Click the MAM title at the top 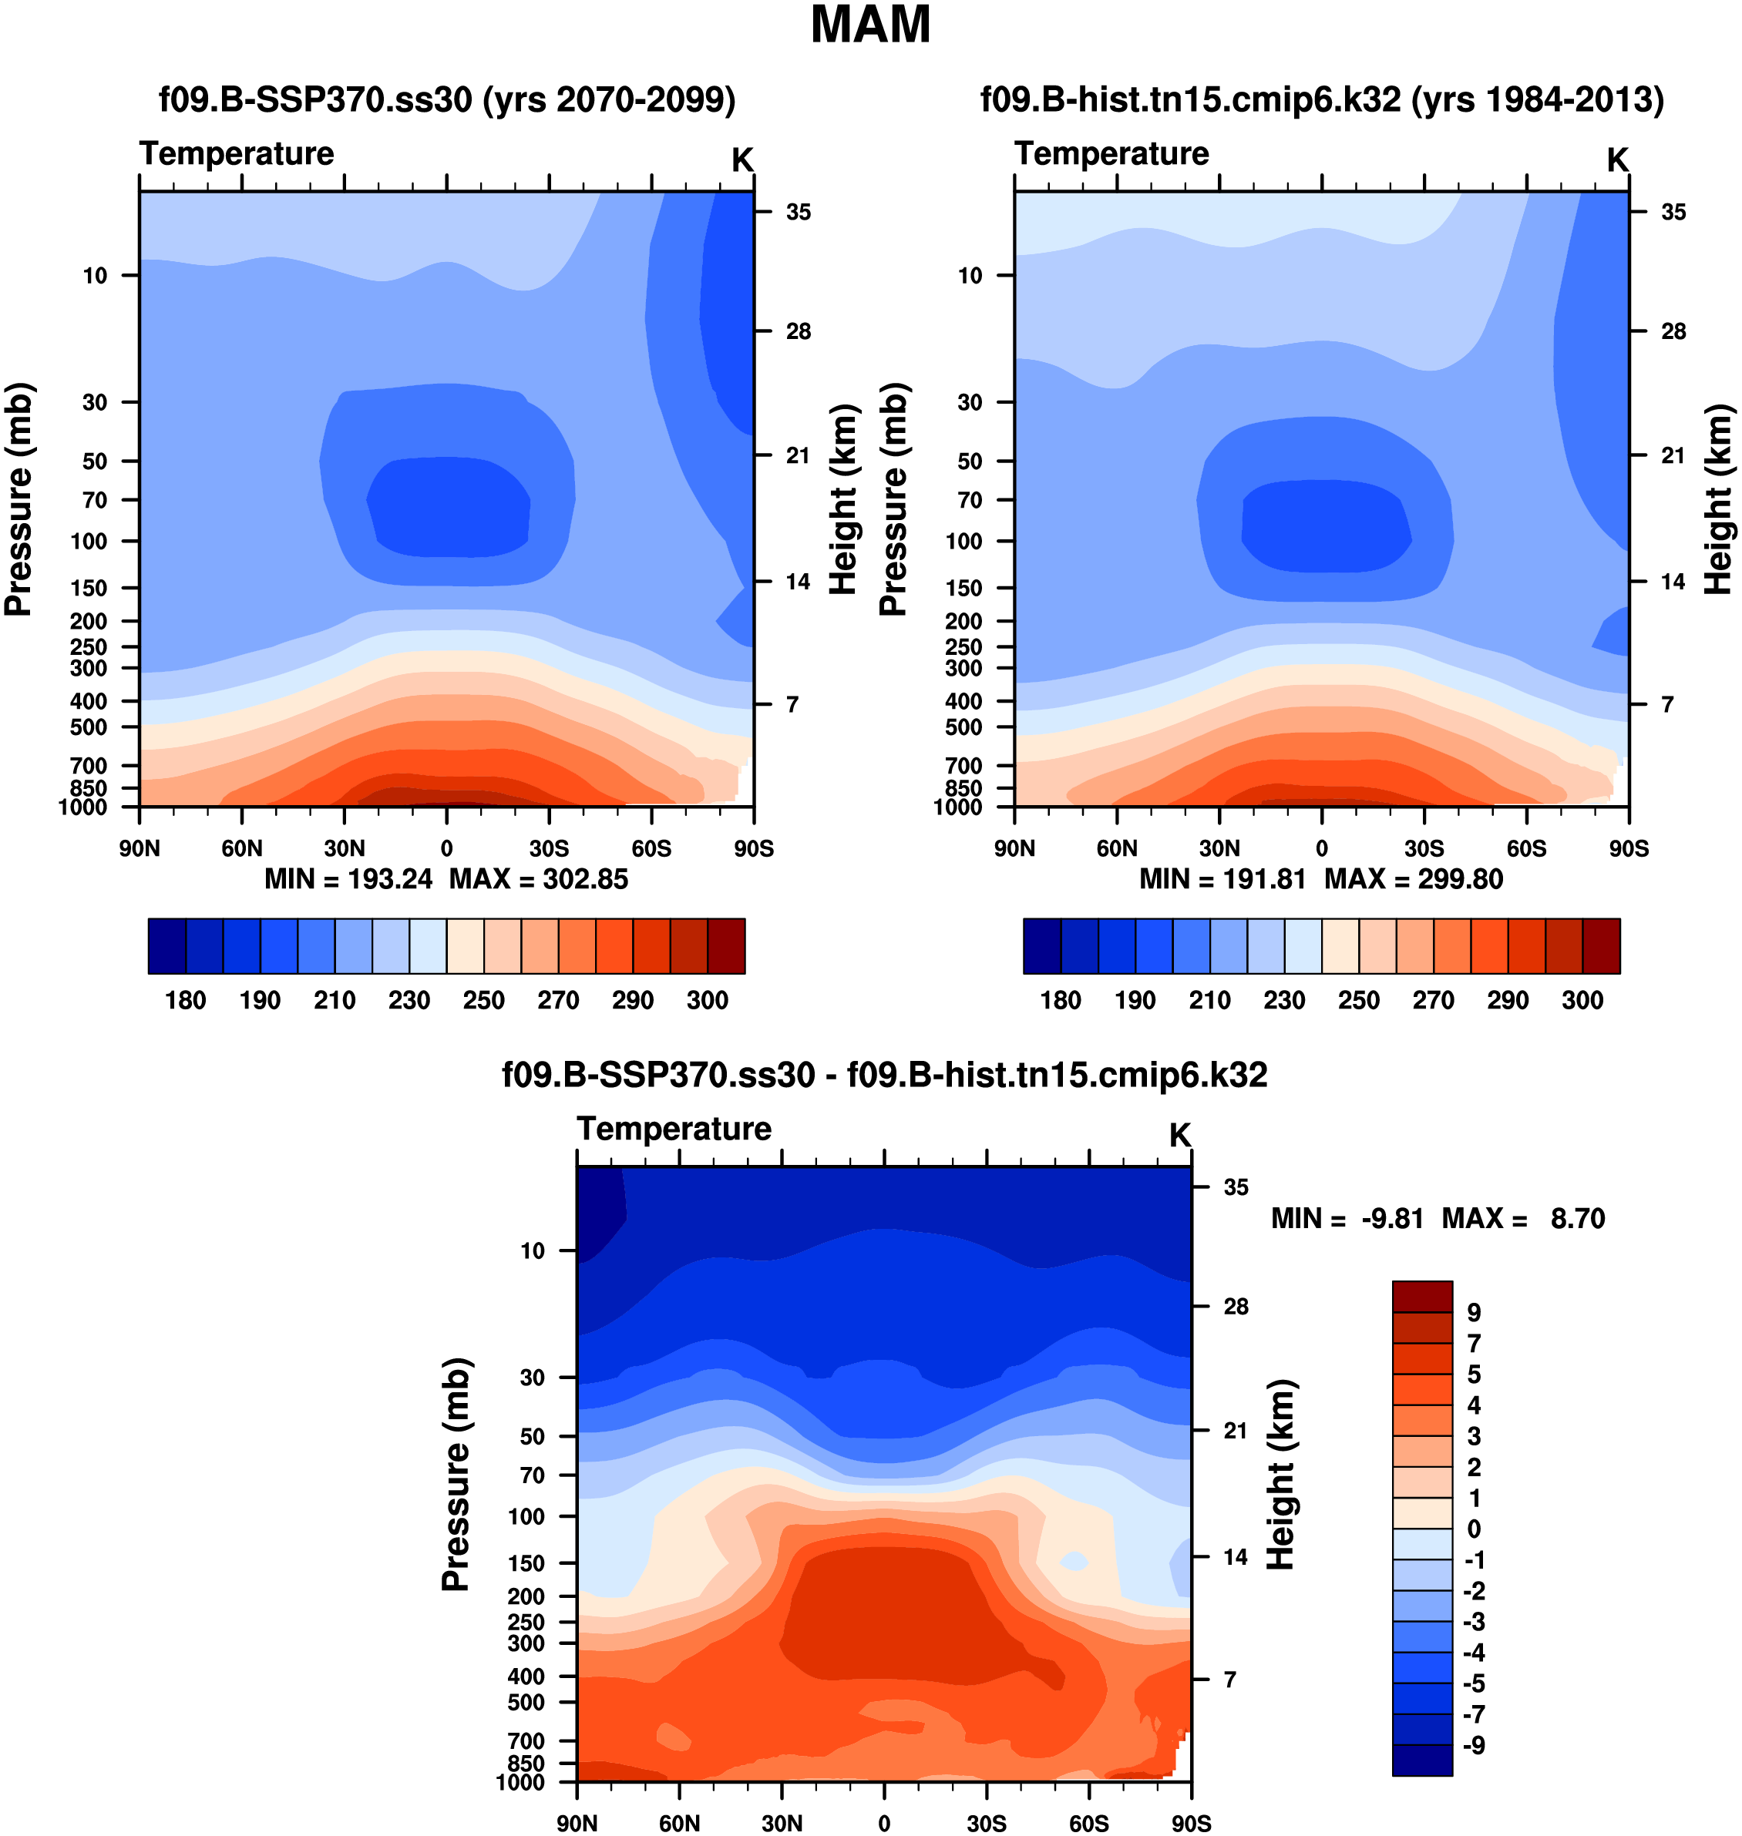click(870, 26)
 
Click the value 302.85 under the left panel click(585, 879)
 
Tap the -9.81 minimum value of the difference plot click(1392, 1218)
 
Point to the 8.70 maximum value click(1577, 1218)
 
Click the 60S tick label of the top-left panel click(651, 848)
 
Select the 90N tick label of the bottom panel click(577, 1823)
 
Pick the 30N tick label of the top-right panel click(1219, 848)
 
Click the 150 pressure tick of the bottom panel click(526, 1563)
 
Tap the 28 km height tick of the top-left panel click(798, 331)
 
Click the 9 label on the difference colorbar click(1474, 1313)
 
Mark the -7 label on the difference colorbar click(1473, 1714)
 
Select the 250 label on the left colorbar click(484, 1000)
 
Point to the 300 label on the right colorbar click(1582, 1000)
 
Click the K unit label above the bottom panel click(1179, 1134)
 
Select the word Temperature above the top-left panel click(237, 153)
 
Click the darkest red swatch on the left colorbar click(726, 946)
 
